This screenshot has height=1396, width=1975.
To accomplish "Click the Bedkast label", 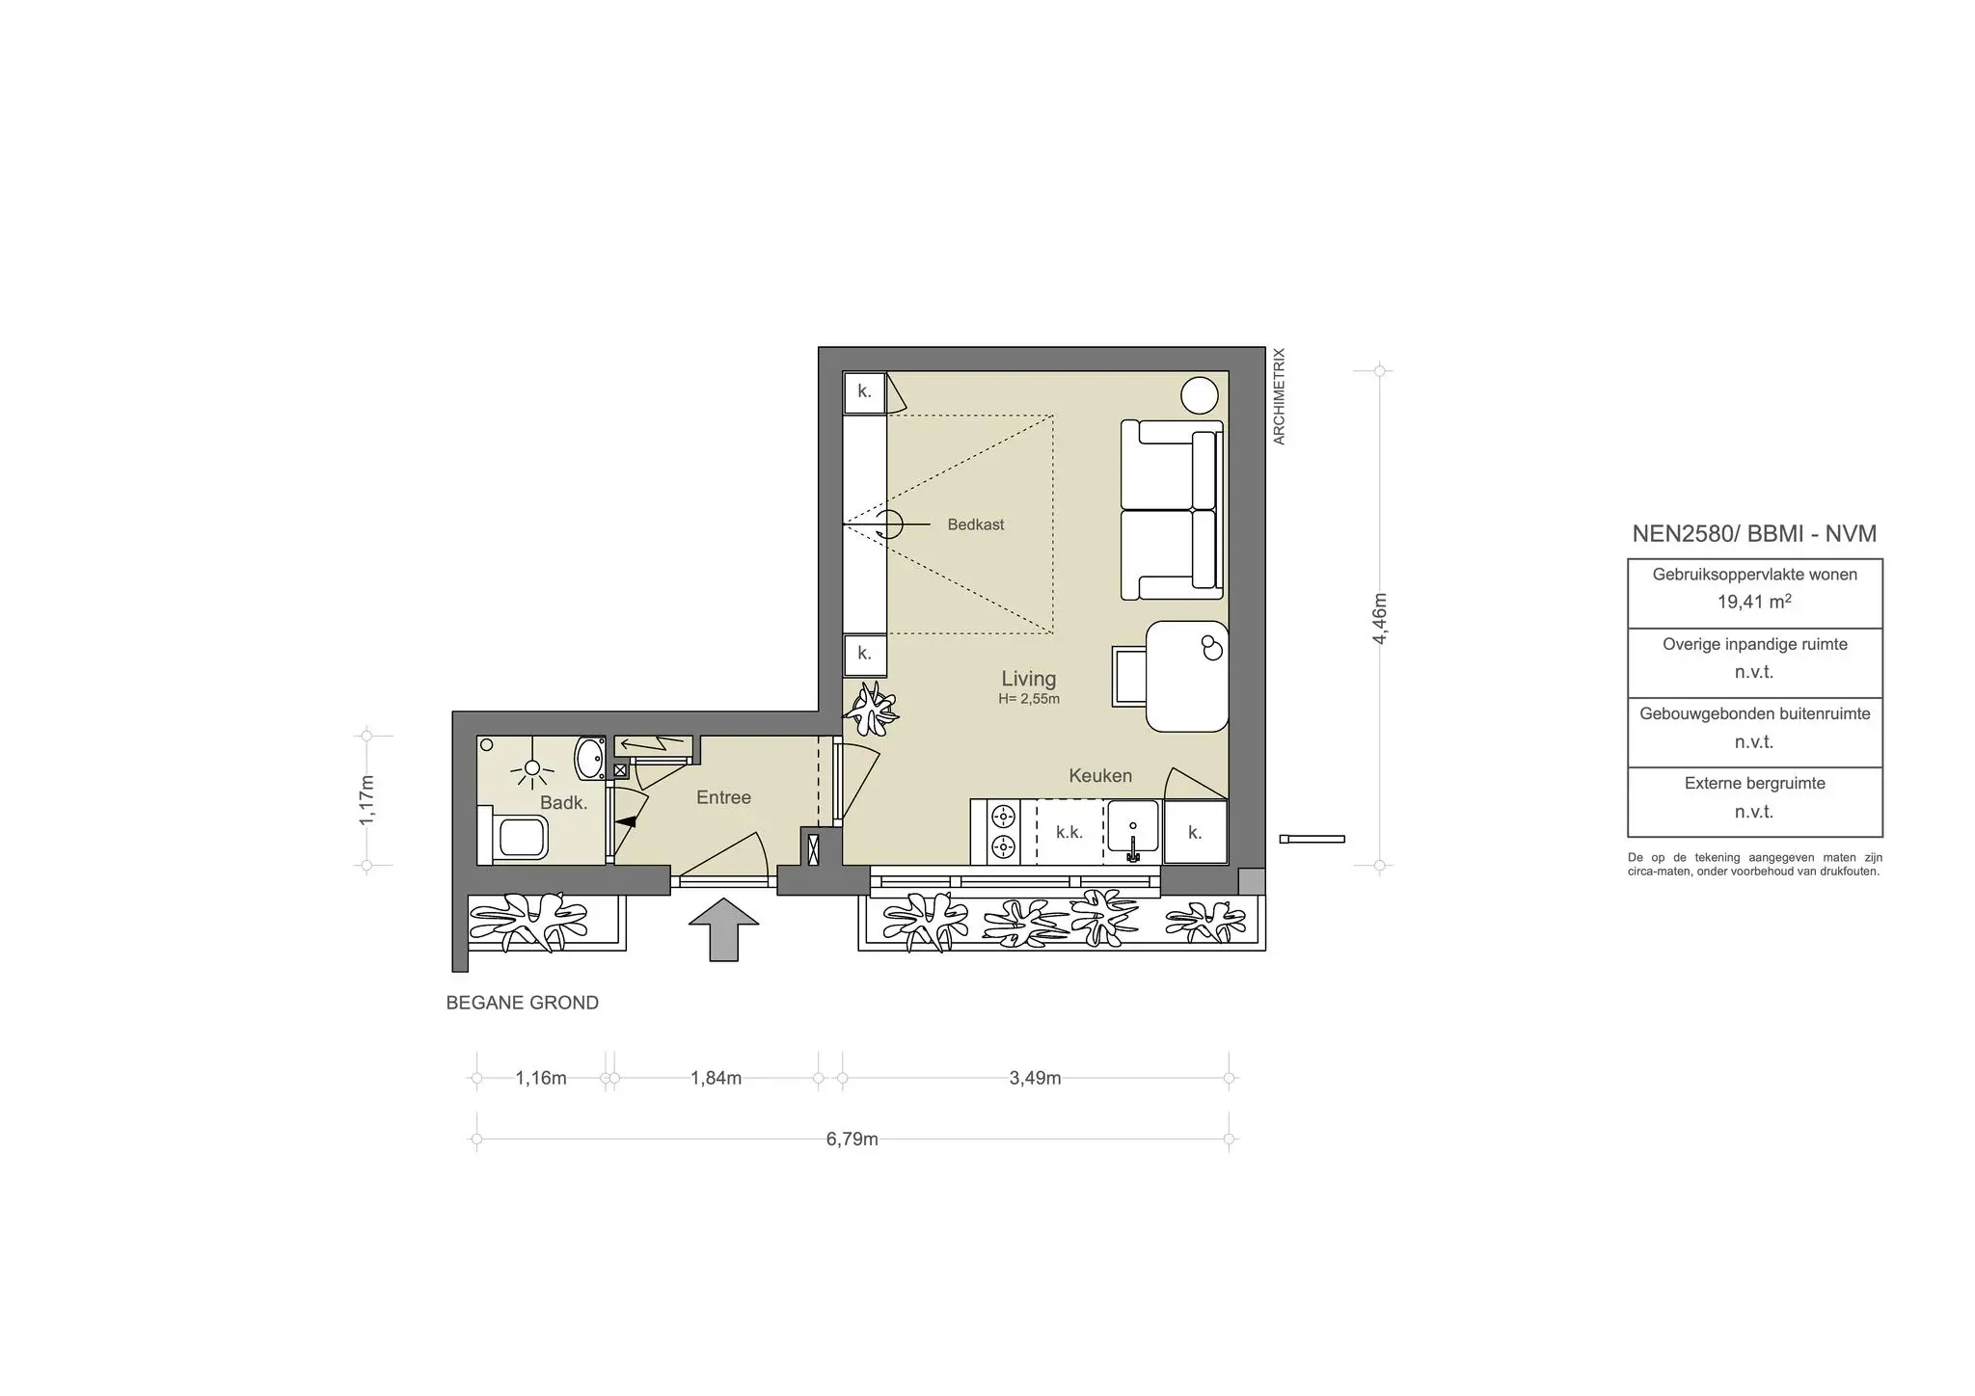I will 975,524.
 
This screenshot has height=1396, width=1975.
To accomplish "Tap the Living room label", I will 1028,679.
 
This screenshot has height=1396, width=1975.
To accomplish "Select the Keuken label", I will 1099,775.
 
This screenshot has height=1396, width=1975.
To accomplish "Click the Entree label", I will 723,797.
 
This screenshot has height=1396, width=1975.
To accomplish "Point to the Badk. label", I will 563,802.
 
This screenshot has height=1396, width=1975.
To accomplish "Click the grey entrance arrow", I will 723,928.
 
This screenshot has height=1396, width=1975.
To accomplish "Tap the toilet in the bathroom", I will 516,836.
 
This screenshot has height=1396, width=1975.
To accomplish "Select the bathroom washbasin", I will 588,758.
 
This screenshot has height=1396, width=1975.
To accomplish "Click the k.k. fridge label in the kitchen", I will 1069,832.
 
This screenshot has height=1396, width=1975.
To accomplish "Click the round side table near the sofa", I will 1201,395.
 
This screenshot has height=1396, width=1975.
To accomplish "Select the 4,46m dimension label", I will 1380,618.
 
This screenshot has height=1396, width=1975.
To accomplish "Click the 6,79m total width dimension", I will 852,1139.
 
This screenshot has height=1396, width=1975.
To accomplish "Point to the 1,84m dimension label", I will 716,1078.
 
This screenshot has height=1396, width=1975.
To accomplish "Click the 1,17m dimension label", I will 366,800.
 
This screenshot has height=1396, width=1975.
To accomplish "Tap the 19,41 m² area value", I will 1753,602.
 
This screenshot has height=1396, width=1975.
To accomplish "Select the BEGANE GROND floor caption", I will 522,1003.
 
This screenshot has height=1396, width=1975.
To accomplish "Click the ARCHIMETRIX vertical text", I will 1280,396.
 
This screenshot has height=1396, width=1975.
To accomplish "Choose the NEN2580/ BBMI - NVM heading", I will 1753,533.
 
